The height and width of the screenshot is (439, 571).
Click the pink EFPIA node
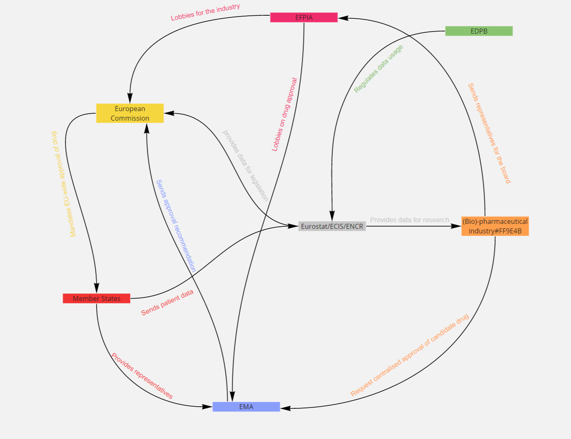click(304, 17)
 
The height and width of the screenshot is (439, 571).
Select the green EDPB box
click(479, 31)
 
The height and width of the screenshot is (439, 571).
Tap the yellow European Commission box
click(130, 113)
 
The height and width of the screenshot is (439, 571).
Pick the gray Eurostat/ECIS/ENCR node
click(332, 226)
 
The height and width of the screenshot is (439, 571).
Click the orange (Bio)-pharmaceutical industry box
click(495, 226)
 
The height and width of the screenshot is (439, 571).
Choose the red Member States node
click(96, 298)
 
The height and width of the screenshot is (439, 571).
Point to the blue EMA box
click(246, 407)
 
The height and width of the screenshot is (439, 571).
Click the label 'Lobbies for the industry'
click(205, 12)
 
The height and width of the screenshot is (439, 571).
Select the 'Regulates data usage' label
click(378, 69)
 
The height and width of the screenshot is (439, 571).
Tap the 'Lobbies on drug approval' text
click(284, 114)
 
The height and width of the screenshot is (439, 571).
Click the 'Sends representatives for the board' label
click(489, 133)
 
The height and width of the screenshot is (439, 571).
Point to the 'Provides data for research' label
click(409, 220)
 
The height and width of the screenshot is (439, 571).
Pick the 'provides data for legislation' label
click(246, 166)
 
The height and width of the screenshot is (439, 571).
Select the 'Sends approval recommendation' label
click(176, 226)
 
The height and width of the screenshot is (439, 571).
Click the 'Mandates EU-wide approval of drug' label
click(63, 184)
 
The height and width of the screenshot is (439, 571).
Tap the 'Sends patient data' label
click(167, 303)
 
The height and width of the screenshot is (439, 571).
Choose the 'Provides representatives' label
click(142, 376)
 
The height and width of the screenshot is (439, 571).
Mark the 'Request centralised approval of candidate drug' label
click(409, 355)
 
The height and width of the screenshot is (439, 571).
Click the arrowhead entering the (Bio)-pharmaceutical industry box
click(456, 226)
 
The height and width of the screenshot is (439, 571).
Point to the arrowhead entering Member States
click(96, 288)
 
